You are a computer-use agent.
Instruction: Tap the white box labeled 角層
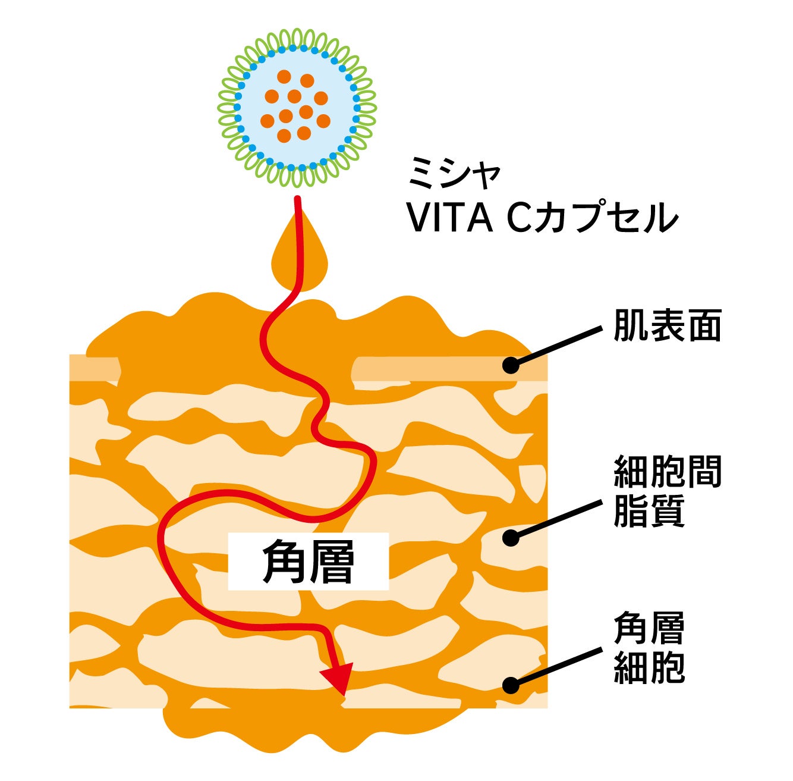coord(309,561)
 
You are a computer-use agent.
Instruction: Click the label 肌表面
coord(667,325)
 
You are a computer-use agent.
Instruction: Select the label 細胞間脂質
coord(667,491)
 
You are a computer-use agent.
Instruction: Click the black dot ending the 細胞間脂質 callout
coord(511,538)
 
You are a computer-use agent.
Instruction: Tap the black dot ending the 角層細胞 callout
coord(511,685)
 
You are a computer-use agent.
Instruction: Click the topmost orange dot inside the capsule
coord(284,77)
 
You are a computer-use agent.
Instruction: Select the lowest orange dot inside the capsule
coord(284,136)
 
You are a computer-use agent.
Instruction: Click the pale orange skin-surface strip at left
coord(94,368)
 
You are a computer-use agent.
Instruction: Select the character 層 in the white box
coord(332,561)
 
